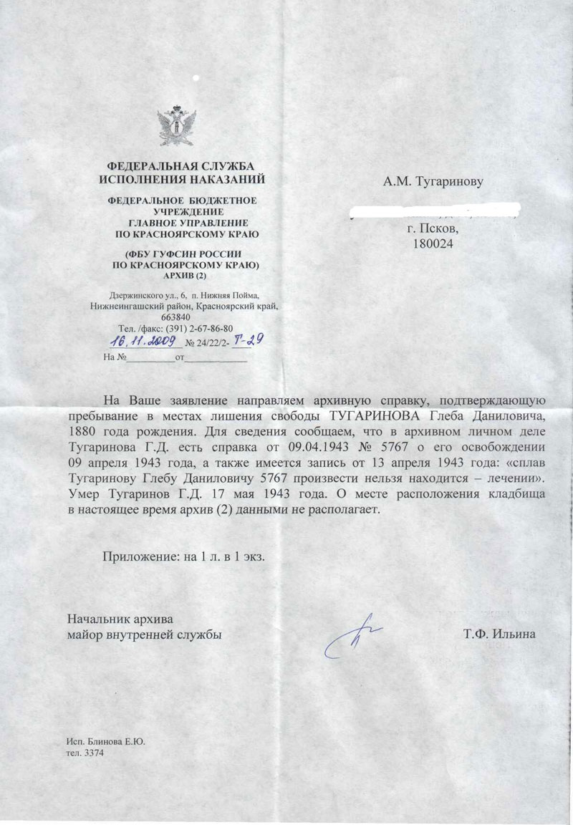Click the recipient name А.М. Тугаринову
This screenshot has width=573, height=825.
point(433,181)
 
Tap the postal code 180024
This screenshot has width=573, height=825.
point(433,243)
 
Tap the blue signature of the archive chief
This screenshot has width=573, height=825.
point(352,635)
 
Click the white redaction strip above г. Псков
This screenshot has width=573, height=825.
point(433,211)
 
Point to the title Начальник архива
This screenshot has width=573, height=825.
point(120,618)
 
